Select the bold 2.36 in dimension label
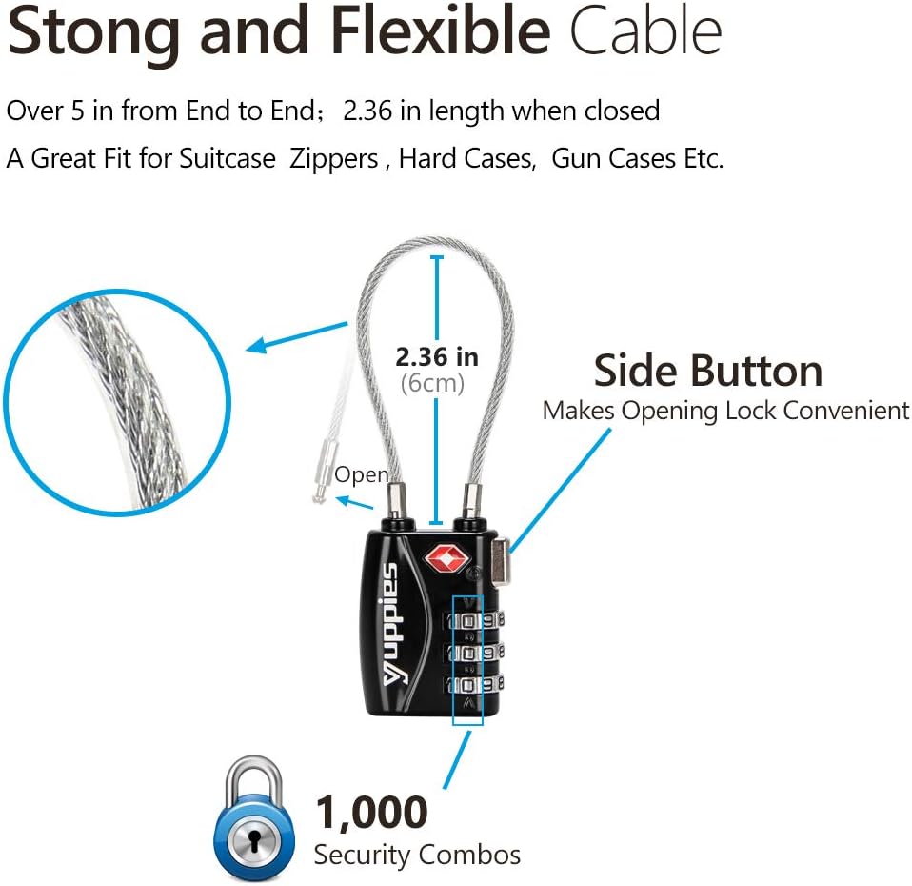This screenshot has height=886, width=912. pos(437,357)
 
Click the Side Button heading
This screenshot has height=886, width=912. pos(708,371)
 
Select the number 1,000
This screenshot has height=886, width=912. pos(371,812)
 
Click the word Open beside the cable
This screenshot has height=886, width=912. pos(361,474)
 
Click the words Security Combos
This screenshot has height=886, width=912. pos(417,855)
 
